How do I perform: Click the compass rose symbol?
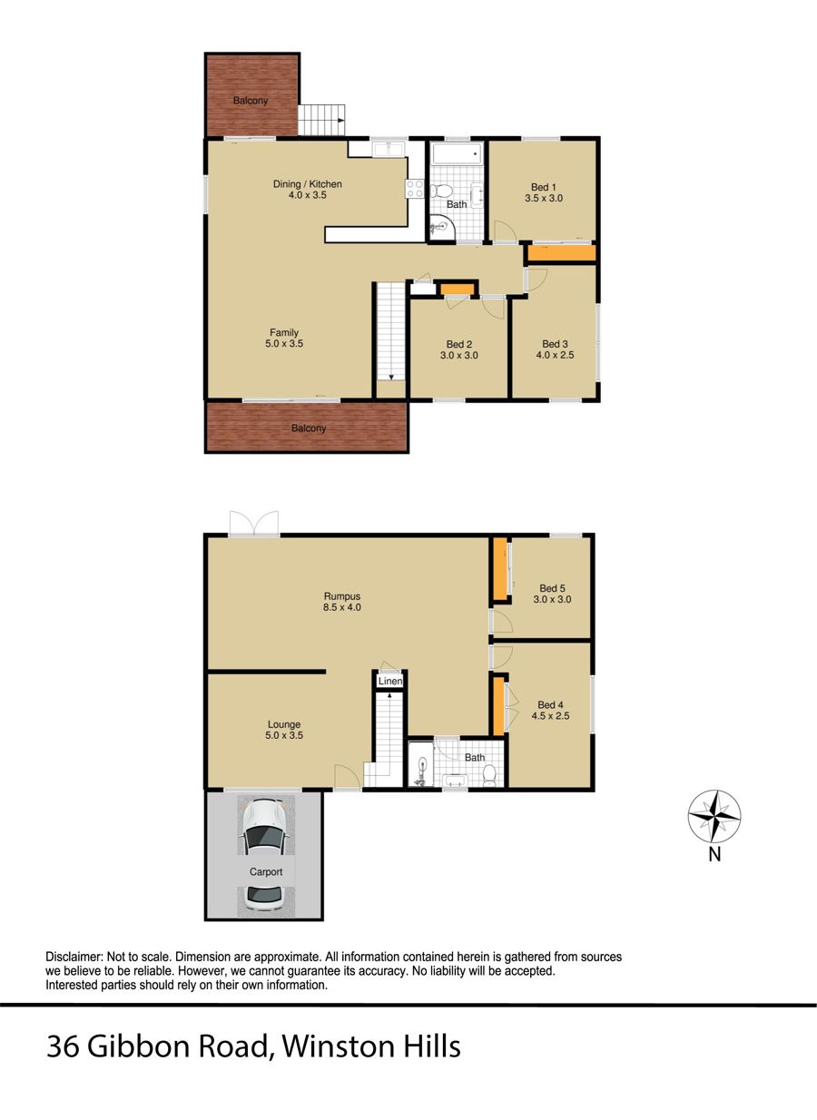pyautogui.click(x=715, y=816)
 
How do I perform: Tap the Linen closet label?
pyautogui.click(x=390, y=681)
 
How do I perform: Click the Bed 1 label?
pyautogui.click(x=544, y=186)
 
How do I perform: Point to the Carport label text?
pyautogui.click(x=266, y=871)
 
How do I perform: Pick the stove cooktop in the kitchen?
pyautogui.click(x=416, y=189)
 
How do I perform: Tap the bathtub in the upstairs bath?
pyautogui.click(x=457, y=155)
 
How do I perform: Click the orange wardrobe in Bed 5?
pyautogui.click(x=499, y=569)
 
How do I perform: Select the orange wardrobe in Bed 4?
pyautogui.click(x=497, y=705)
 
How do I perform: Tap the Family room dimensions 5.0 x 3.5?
pyautogui.click(x=284, y=344)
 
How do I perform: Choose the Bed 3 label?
pyautogui.click(x=555, y=344)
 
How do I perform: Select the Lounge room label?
pyautogui.click(x=284, y=724)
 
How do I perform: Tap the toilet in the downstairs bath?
pyautogui.click(x=488, y=774)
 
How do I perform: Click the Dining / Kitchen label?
pyautogui.click(x=308, y=184)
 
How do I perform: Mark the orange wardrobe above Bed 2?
pyautogui.click(x=458, y=290)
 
